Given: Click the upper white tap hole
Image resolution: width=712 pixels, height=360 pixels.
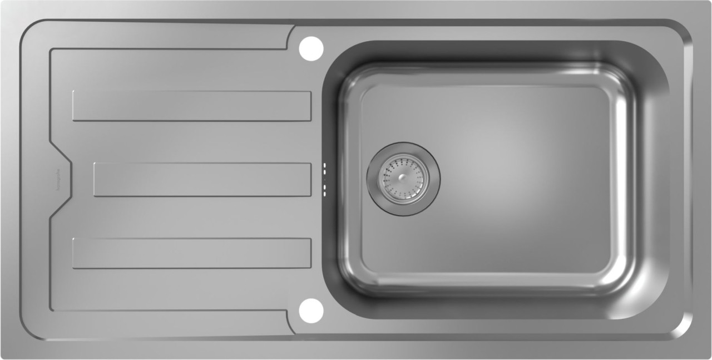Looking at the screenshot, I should (311, 49).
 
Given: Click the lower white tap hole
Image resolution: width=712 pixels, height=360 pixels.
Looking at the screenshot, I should (311, 310).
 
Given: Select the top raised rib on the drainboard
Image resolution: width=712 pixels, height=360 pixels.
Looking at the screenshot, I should (191, 106).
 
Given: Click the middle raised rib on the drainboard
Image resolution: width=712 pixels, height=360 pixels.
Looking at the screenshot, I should (202, 179).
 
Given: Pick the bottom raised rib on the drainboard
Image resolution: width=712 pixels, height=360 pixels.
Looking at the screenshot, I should (191, 253).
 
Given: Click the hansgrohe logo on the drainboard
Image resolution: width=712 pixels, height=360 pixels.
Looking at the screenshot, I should (57, 180).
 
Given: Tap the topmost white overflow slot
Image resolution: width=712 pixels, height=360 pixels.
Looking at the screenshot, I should (324, 166).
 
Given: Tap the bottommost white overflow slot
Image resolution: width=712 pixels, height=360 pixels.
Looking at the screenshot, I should (324, 193).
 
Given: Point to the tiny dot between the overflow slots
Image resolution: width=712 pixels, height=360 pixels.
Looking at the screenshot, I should (324, 179).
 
